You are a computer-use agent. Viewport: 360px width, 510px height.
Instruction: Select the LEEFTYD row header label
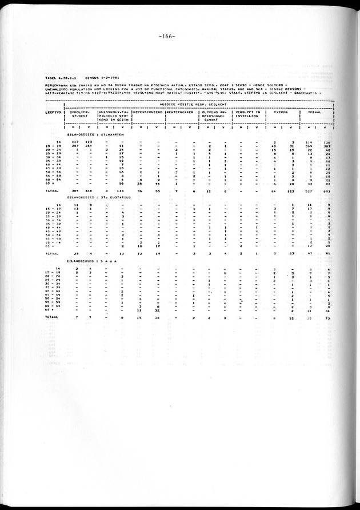coord(54,112)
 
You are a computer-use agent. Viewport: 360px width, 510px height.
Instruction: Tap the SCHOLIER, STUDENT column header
coord(80,114)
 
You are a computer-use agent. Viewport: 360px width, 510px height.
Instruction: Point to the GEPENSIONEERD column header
coord(148,112)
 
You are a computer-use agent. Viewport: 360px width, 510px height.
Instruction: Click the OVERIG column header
coord(281,112)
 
